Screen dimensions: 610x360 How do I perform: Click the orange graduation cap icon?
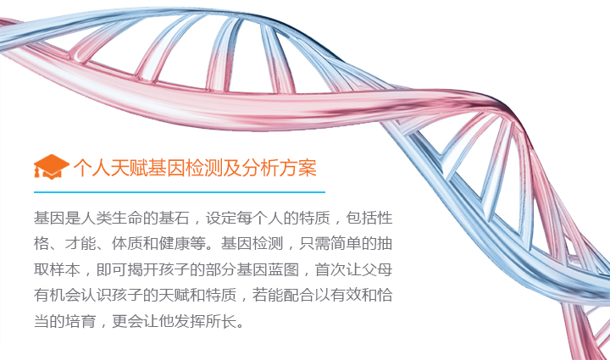click(52, 166)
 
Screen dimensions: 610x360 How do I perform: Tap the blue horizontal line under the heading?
click(180, 192)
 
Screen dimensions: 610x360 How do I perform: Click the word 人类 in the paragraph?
click(96, 218)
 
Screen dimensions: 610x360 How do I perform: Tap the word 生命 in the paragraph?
click(127, 218)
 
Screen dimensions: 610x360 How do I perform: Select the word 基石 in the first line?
click(174, 218)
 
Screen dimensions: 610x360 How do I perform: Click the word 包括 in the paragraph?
click(362, 218)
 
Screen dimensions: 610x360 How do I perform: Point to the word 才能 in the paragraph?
click(80, 244)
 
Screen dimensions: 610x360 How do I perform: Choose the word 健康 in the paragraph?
click(174, 244)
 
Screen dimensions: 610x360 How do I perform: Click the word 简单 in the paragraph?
click(346, 244)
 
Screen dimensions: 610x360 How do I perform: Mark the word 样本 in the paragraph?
click(65, 269)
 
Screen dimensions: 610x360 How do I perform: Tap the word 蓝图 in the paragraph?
click(284, 269)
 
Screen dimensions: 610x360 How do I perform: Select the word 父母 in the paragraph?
click(377, 269)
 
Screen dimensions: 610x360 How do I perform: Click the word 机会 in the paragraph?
click(65, 295)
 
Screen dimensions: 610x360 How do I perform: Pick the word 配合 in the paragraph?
click(299, 295)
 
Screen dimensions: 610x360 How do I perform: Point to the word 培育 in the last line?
click(80, 321)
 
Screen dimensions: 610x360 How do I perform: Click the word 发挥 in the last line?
click(190, 321)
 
